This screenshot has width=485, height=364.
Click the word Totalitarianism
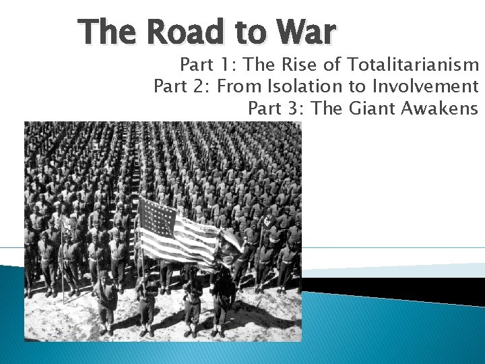412,65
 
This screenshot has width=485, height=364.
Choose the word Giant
373,109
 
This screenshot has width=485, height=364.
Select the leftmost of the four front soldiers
106,303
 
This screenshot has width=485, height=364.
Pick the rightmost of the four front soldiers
222,303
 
